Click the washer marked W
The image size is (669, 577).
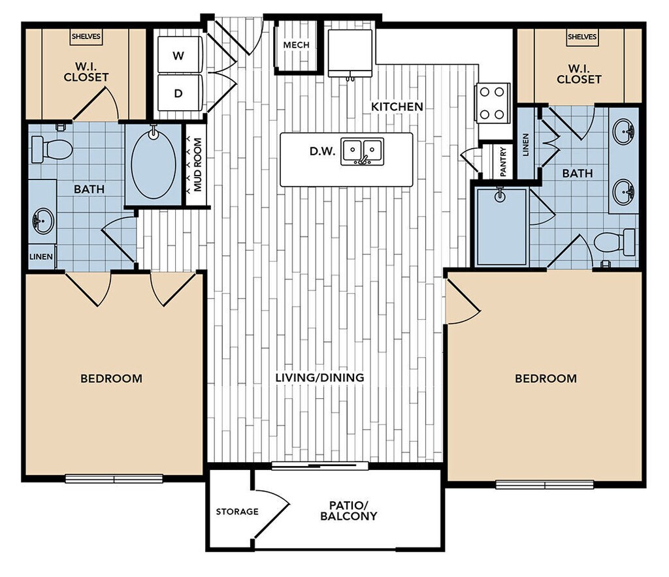[178, 55]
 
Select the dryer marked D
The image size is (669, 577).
[178, 93]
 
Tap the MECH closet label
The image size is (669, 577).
[296, 45]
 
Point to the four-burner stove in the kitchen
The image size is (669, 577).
[492, 103]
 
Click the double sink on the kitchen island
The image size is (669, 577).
[362, 151]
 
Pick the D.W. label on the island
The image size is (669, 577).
[323, 151]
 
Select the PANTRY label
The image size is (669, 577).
[503, 161]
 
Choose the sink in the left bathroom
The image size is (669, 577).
[42, 220]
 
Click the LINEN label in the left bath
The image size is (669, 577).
[41, 257]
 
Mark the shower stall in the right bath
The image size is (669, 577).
[501, 226]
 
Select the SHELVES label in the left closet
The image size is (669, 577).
[86, 37]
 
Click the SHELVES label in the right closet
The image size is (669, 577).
[581, 37]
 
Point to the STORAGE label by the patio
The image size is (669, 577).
[237, 511]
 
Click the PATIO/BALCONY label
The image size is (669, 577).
[348, 510]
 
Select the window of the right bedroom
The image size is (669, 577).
[544, 484]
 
